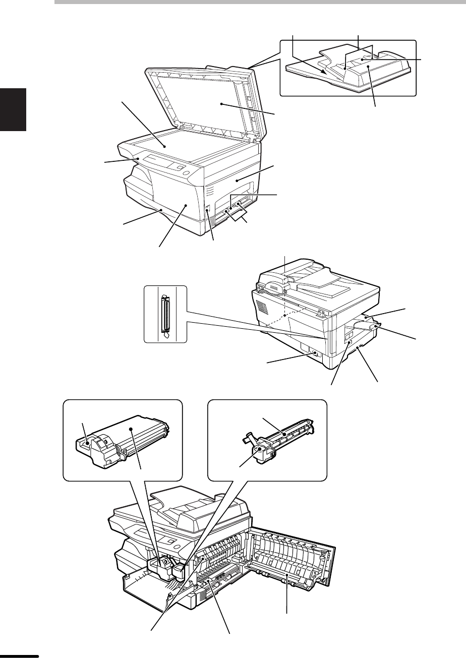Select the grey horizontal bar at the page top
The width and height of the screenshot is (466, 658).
(259, 2)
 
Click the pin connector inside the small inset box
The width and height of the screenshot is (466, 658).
(164, 315)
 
